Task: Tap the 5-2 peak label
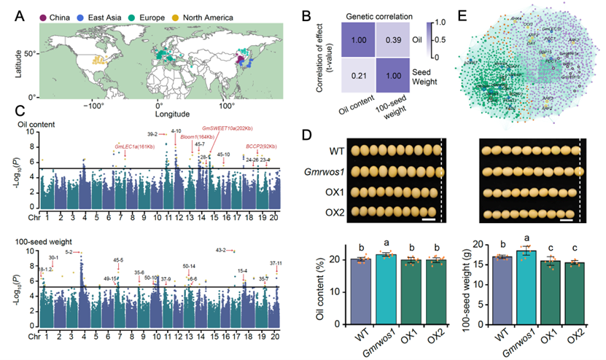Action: [69, 251]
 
